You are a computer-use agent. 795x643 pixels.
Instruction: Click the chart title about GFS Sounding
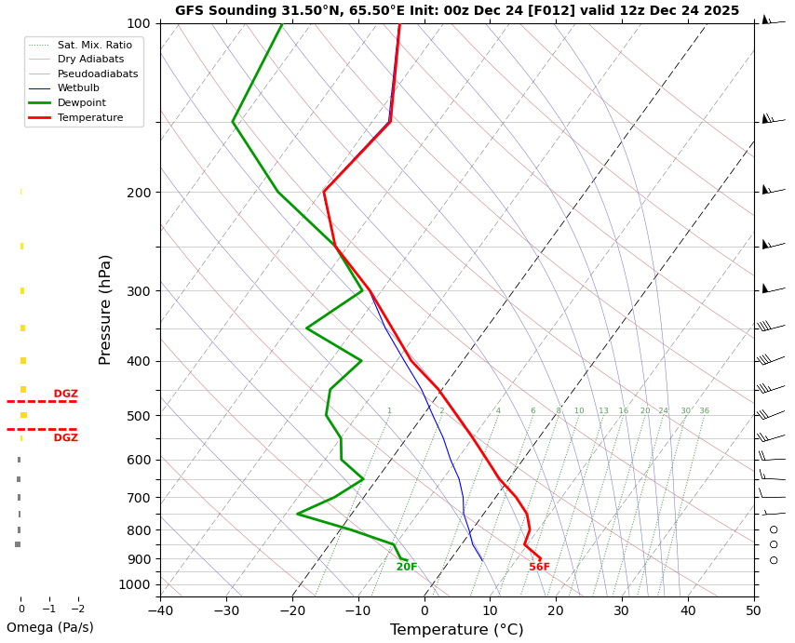coord(456,11)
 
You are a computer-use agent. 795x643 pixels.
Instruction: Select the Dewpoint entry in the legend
coord(81,103)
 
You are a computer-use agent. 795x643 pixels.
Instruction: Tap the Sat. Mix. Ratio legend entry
coord(95,45)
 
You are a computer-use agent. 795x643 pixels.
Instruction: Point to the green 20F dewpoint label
coord(407,568)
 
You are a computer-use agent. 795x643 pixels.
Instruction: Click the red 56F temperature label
coord(539,568)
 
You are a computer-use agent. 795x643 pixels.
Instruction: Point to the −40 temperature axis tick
coord(160,610)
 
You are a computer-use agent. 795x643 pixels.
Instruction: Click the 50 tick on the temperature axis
coord(753,610)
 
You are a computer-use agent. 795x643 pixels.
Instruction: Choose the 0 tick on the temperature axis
coord(424,610)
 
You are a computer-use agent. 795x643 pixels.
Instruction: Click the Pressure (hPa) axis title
coord(106,309)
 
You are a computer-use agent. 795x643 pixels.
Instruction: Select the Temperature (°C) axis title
coord(456,630)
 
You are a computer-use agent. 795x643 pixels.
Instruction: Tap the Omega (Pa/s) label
coord(50,628)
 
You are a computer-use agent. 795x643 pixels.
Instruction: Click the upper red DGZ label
coord(65,395)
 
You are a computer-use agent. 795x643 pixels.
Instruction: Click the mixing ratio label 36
coord(704,411)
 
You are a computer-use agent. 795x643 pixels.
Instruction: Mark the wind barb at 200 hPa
coord(769,191)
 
